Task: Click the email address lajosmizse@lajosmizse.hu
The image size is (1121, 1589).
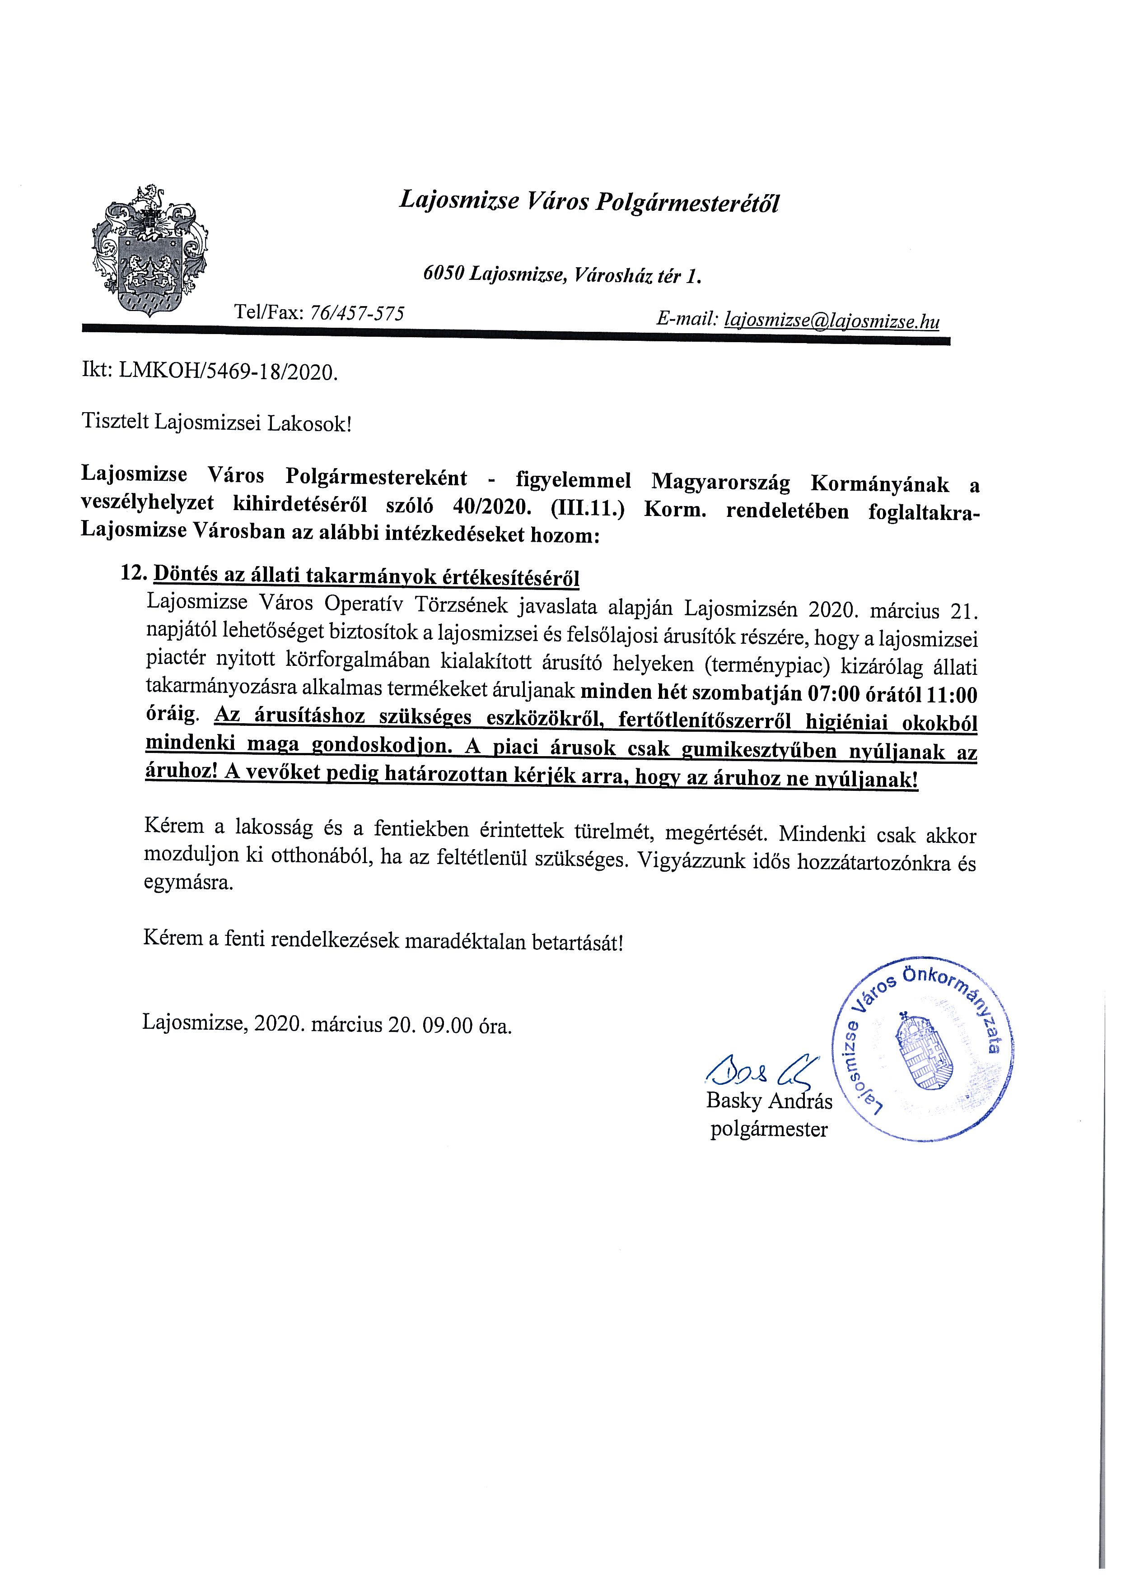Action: point(831,320)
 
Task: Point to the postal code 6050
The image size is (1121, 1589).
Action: point(443,275)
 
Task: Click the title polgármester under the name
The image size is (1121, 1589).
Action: point(769,1130)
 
